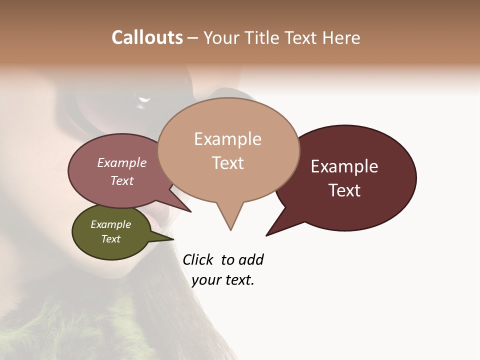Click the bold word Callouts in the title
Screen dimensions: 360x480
point(147,37)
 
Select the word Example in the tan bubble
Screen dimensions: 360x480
point(227,139)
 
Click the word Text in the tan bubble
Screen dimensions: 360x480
point(227,163)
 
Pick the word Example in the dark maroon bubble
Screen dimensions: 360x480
point(344,166)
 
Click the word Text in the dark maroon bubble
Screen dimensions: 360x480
point(344,190)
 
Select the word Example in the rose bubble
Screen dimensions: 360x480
point(122,162)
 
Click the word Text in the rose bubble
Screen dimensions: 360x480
point(122,180)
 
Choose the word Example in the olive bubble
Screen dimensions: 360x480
point(110,224)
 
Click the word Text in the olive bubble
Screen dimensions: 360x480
point(110,239)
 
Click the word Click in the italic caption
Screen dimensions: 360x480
point(198,260)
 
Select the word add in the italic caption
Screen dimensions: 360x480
point(251,260)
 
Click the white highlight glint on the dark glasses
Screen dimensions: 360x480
point(144,100)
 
